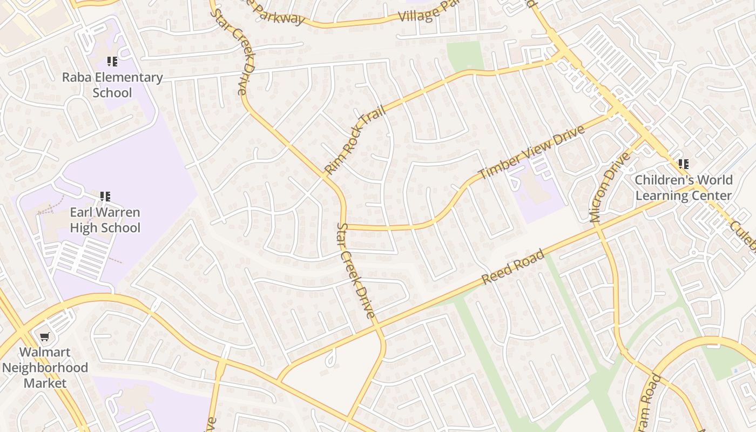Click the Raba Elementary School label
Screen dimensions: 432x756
(112, 85)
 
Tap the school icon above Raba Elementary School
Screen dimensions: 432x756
(112, 62)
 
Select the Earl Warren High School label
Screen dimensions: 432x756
(105, 220)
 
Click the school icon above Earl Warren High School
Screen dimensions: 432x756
(105, 197)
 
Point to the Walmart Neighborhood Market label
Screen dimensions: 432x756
(45, 368)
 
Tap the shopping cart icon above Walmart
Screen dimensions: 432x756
(45, 337)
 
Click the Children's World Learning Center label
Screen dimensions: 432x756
(684, 187)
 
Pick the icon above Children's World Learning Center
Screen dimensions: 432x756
(684, 164)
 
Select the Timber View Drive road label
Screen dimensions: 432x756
(532, 152)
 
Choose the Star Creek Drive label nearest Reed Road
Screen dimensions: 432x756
(356, 270)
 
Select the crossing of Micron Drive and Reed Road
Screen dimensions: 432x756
(598, 227)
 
